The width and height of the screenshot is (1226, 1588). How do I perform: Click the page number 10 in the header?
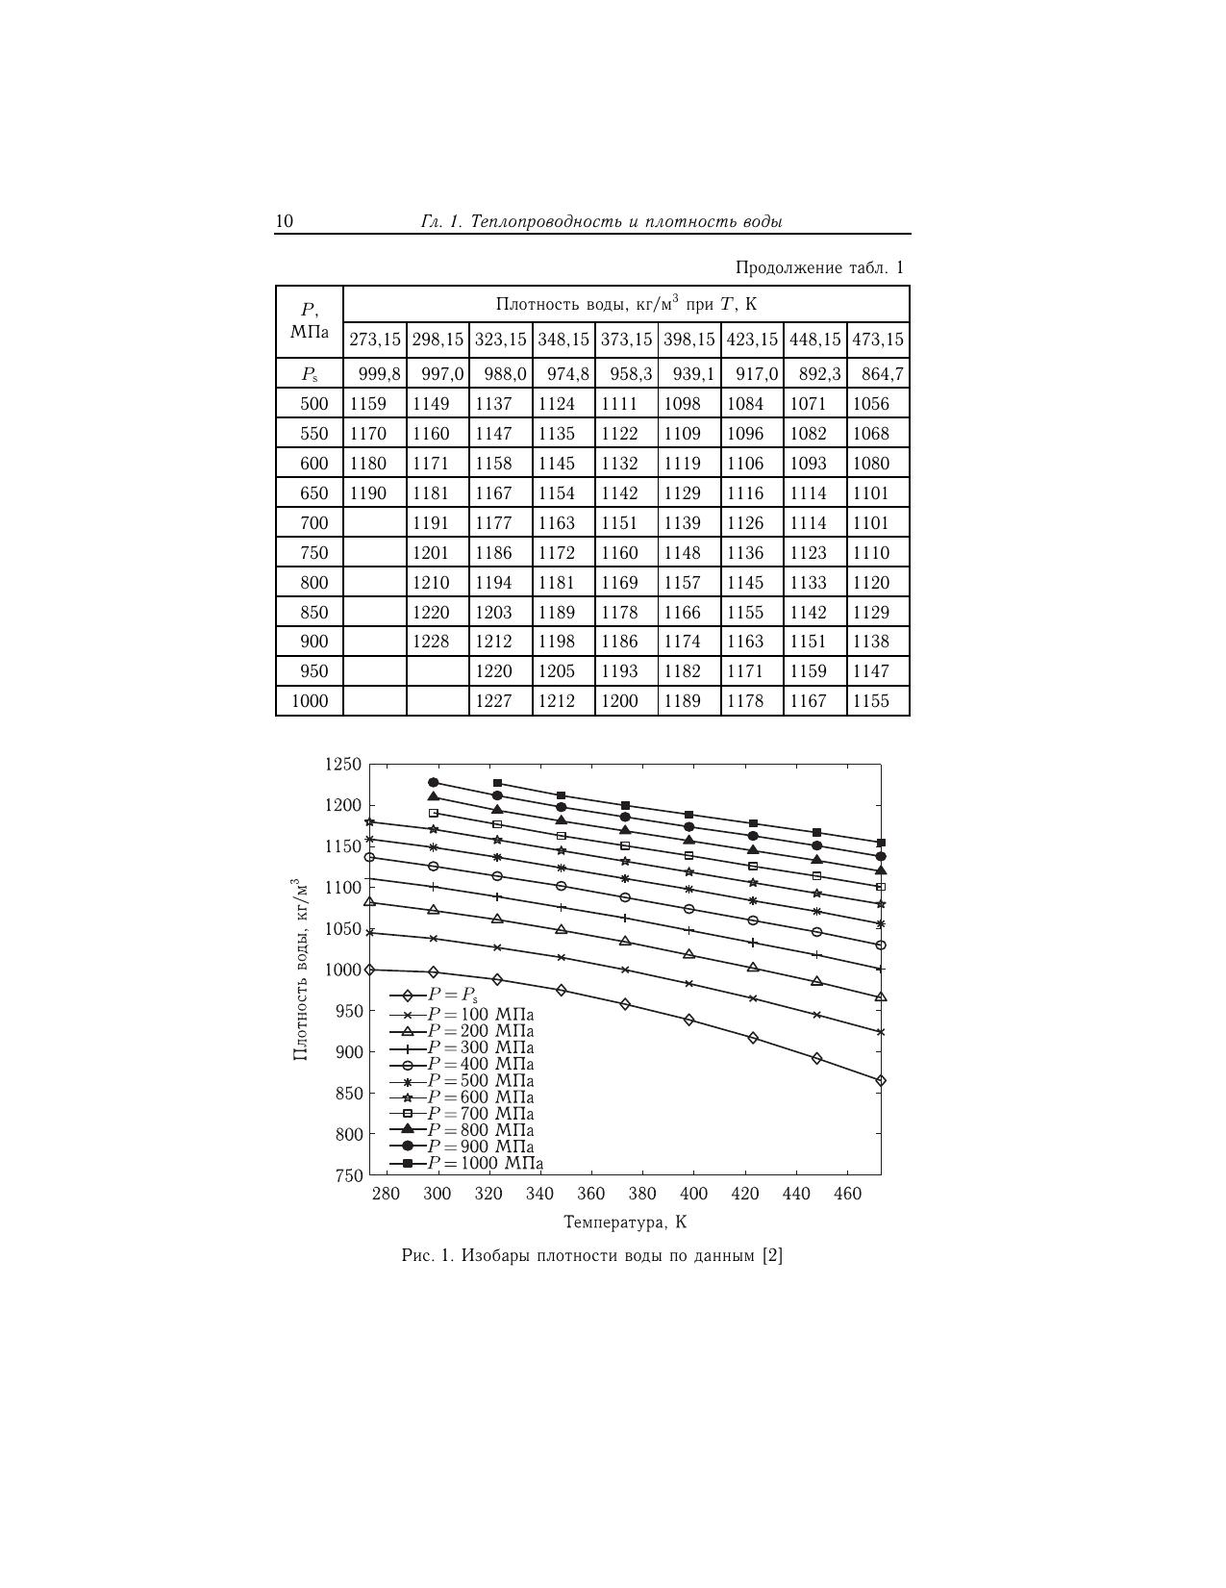point(285,222)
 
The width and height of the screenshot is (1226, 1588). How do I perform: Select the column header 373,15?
point(626,340)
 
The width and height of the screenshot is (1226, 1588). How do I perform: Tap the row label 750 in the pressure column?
point(313,553)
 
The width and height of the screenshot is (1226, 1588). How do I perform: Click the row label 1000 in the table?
point(310,701)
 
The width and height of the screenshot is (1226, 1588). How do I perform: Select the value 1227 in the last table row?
point(494,701)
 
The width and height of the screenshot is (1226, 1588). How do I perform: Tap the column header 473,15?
point(878,340)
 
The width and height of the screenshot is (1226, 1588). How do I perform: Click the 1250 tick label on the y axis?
point(343,765)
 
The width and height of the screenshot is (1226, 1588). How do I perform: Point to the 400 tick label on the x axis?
point(693,1194)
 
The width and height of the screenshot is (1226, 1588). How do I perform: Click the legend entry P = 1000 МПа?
point(485,1164)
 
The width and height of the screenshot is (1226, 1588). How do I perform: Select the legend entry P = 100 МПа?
point(480,1015)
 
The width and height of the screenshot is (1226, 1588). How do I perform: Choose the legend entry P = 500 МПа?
point(480,1081)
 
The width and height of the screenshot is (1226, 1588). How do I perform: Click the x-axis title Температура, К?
point(625,1223)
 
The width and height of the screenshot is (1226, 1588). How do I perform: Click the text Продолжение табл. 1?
point(819,267)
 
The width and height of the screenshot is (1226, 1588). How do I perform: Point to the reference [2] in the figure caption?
point(772,1256)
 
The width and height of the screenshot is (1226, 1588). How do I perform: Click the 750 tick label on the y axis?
point(348,1175)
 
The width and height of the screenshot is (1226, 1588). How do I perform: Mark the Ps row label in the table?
point(309,374)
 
